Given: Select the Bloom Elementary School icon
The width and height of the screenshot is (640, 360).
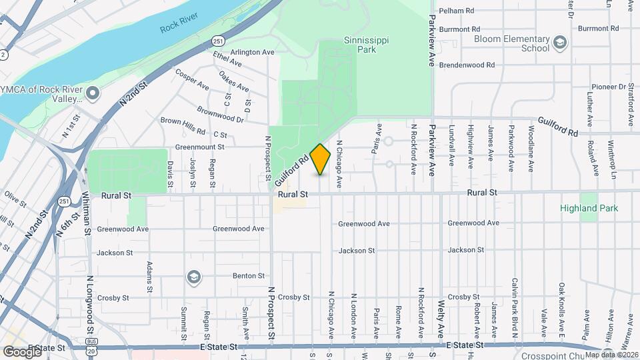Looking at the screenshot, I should click(x=560, y=44).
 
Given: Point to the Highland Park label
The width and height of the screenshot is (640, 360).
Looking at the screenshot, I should click(x=589, y=208).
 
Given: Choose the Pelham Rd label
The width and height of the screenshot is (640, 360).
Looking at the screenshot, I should click(x=460, y=11).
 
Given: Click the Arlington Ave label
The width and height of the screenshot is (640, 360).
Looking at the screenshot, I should click(x=253, y=52).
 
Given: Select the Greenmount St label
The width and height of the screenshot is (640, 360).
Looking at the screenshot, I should click(x=200, y=147).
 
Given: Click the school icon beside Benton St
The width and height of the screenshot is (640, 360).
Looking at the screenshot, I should click(x=193, y=276).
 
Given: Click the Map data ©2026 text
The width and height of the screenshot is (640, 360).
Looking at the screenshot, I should click(x=610, y=355).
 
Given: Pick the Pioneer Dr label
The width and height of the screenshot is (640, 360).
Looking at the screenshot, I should click(x=611, y=87).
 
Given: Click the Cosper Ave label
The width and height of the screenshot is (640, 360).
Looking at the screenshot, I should click(x=192, y=79).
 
